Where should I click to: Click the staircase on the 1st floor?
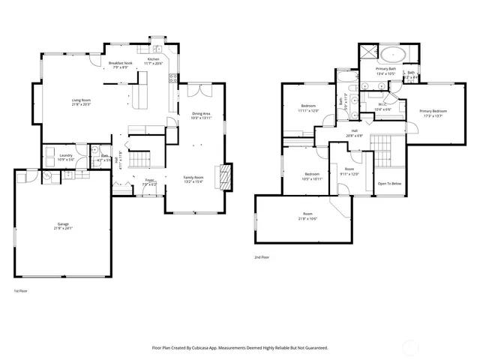[139, 159]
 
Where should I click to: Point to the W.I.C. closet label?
[382, 107]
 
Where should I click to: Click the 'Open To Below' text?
[389, 184]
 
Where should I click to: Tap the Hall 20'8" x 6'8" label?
[354, 133]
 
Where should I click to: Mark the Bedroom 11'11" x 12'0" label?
[308, 108]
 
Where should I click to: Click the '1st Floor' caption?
[22, 290]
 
